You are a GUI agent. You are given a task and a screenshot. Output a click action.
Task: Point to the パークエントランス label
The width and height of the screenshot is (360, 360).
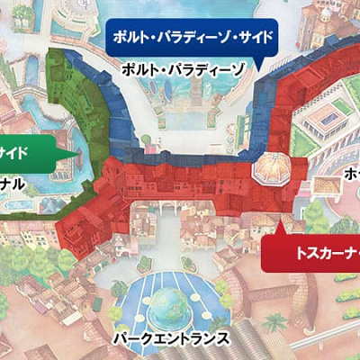[172, 338]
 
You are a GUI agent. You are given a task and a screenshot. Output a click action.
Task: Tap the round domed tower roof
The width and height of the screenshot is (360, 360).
[270, 166]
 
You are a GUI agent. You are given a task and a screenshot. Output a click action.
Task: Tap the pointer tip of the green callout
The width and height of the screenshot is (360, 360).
[76, 153]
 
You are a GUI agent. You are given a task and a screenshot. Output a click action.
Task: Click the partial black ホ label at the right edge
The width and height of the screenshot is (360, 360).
[352, 176]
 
